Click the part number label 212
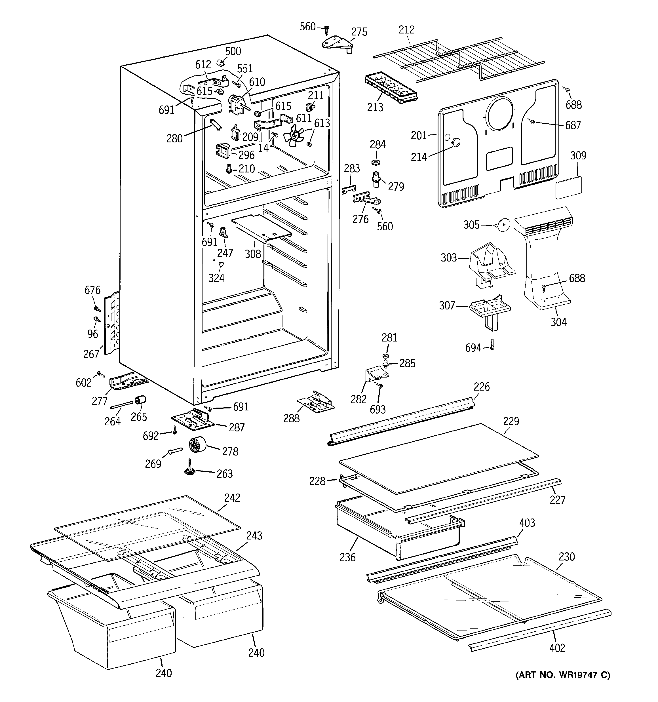406,30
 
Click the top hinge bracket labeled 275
337,45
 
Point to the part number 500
233,51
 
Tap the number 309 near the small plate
578,156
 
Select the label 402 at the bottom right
557,648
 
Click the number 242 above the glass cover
232,498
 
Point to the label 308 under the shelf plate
253,254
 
